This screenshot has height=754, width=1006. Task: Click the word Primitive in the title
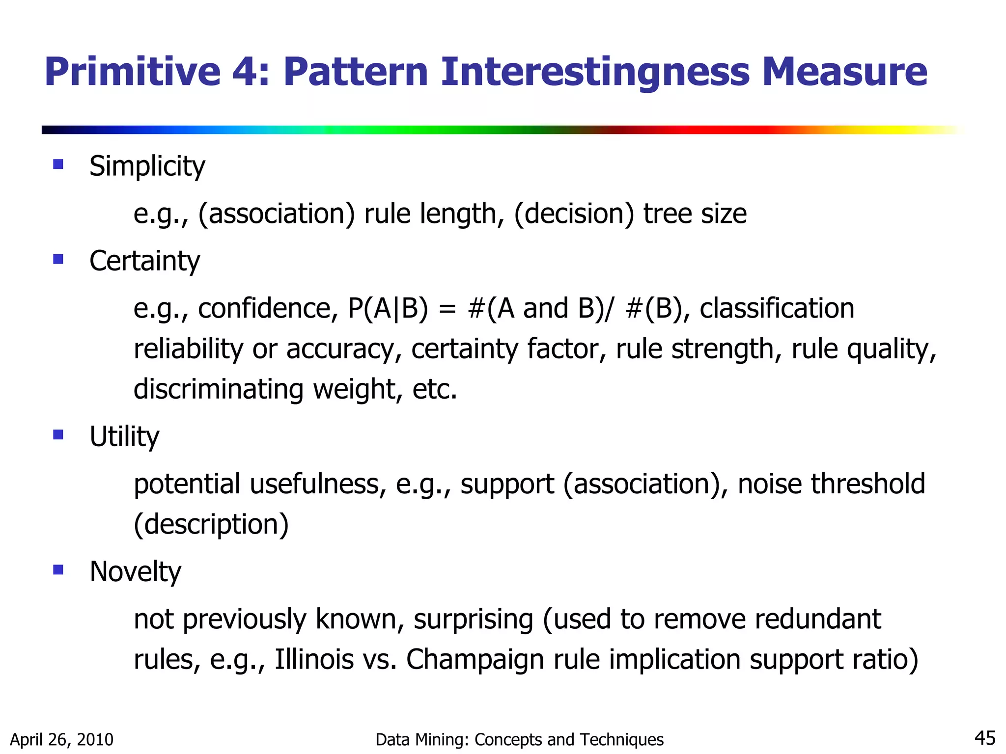coord(133,72)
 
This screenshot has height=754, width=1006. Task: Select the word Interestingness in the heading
coord(595,72)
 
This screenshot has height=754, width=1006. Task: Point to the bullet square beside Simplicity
coord(58,164)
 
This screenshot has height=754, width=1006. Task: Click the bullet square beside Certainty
coord(58,259)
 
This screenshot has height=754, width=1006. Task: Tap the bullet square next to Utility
coord(58,434)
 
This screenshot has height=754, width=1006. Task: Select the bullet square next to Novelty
coord(58,569)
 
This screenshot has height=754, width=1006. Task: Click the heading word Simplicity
coord(147,166)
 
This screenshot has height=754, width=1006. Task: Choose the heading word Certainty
coord(144,261)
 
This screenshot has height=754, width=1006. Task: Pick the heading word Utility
coord(124,436)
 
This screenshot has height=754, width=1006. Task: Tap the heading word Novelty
coord(135,572)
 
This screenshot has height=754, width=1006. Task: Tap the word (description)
coord(211,524)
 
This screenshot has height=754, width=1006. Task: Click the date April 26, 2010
coord(62,739)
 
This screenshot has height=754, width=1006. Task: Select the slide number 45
coord(984,738)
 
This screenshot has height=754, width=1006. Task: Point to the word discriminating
coord(219,389)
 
